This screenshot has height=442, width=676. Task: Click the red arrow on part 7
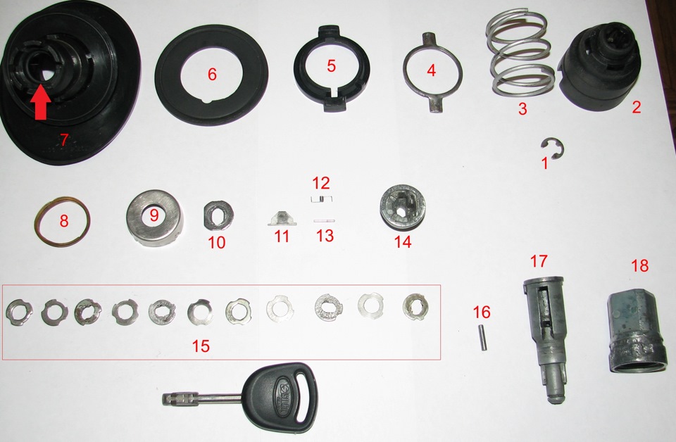(40, 101)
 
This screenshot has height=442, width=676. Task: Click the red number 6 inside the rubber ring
(212, 74)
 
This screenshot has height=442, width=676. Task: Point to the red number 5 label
(331, 66)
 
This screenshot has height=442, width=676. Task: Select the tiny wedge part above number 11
(282, 218)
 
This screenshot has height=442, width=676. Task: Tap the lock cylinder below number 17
(544, 339)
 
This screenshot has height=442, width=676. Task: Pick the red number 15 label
(201, 346)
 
